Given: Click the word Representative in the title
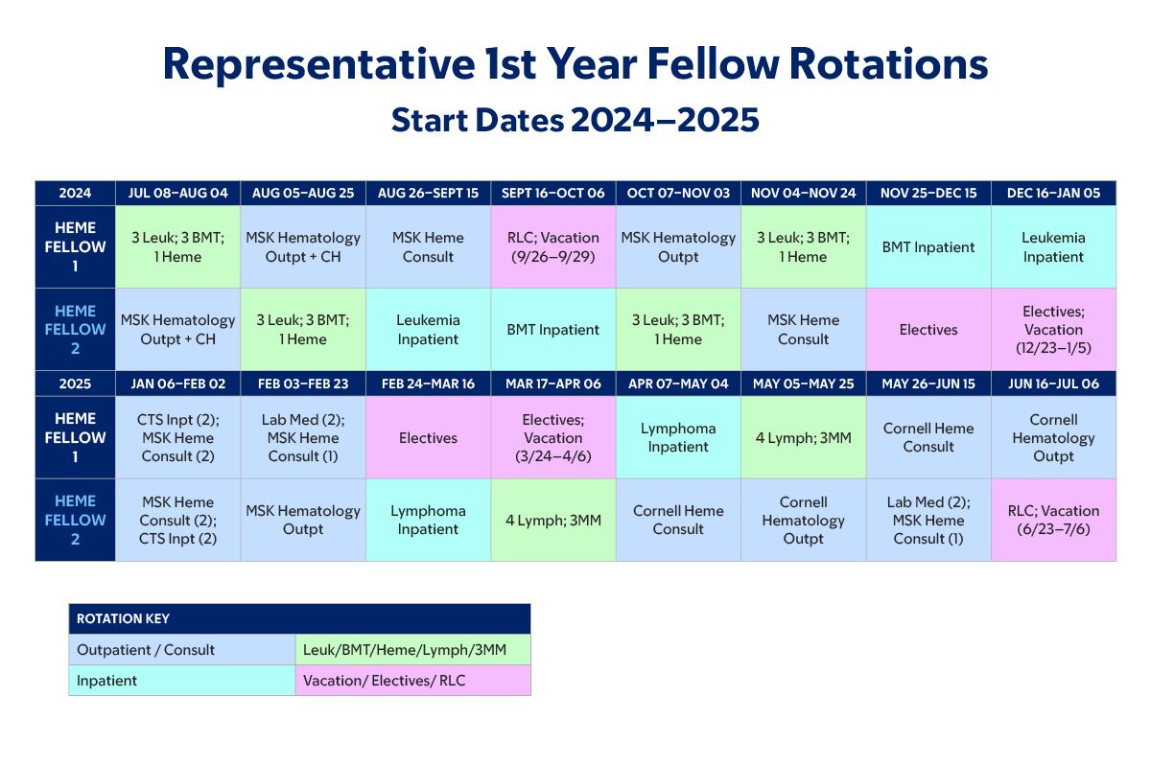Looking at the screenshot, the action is [319, 65].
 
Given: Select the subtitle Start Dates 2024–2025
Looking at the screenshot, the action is [575, 120].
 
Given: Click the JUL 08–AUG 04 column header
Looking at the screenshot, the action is [177, 193].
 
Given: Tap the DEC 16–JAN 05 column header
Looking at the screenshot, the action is [1053, 193].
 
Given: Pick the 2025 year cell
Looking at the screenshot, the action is [75, 383].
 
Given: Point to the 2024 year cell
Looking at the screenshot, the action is [75, 193].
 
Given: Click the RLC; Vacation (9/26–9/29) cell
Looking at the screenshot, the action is [552, 247].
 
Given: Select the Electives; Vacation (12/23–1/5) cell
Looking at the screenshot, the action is [1053, 329].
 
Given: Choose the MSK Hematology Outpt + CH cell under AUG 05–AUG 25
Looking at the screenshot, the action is [303, 247].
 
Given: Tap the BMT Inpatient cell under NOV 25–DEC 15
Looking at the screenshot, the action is [928, 247].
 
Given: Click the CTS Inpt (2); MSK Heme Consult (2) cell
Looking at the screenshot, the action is [177, 438].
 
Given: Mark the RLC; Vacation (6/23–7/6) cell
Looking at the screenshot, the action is [1053, 520].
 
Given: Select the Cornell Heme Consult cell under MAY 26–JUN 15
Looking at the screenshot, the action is [928, 438].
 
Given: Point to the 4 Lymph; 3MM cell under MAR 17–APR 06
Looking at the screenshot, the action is [552, 520].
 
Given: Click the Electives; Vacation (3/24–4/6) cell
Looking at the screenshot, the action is [552, 438].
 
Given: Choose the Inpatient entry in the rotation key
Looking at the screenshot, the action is [182, 681].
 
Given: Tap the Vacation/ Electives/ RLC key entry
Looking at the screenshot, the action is [413, 681].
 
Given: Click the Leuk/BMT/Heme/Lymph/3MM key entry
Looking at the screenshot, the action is [413, 650].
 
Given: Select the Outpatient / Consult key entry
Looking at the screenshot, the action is [182, 650].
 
